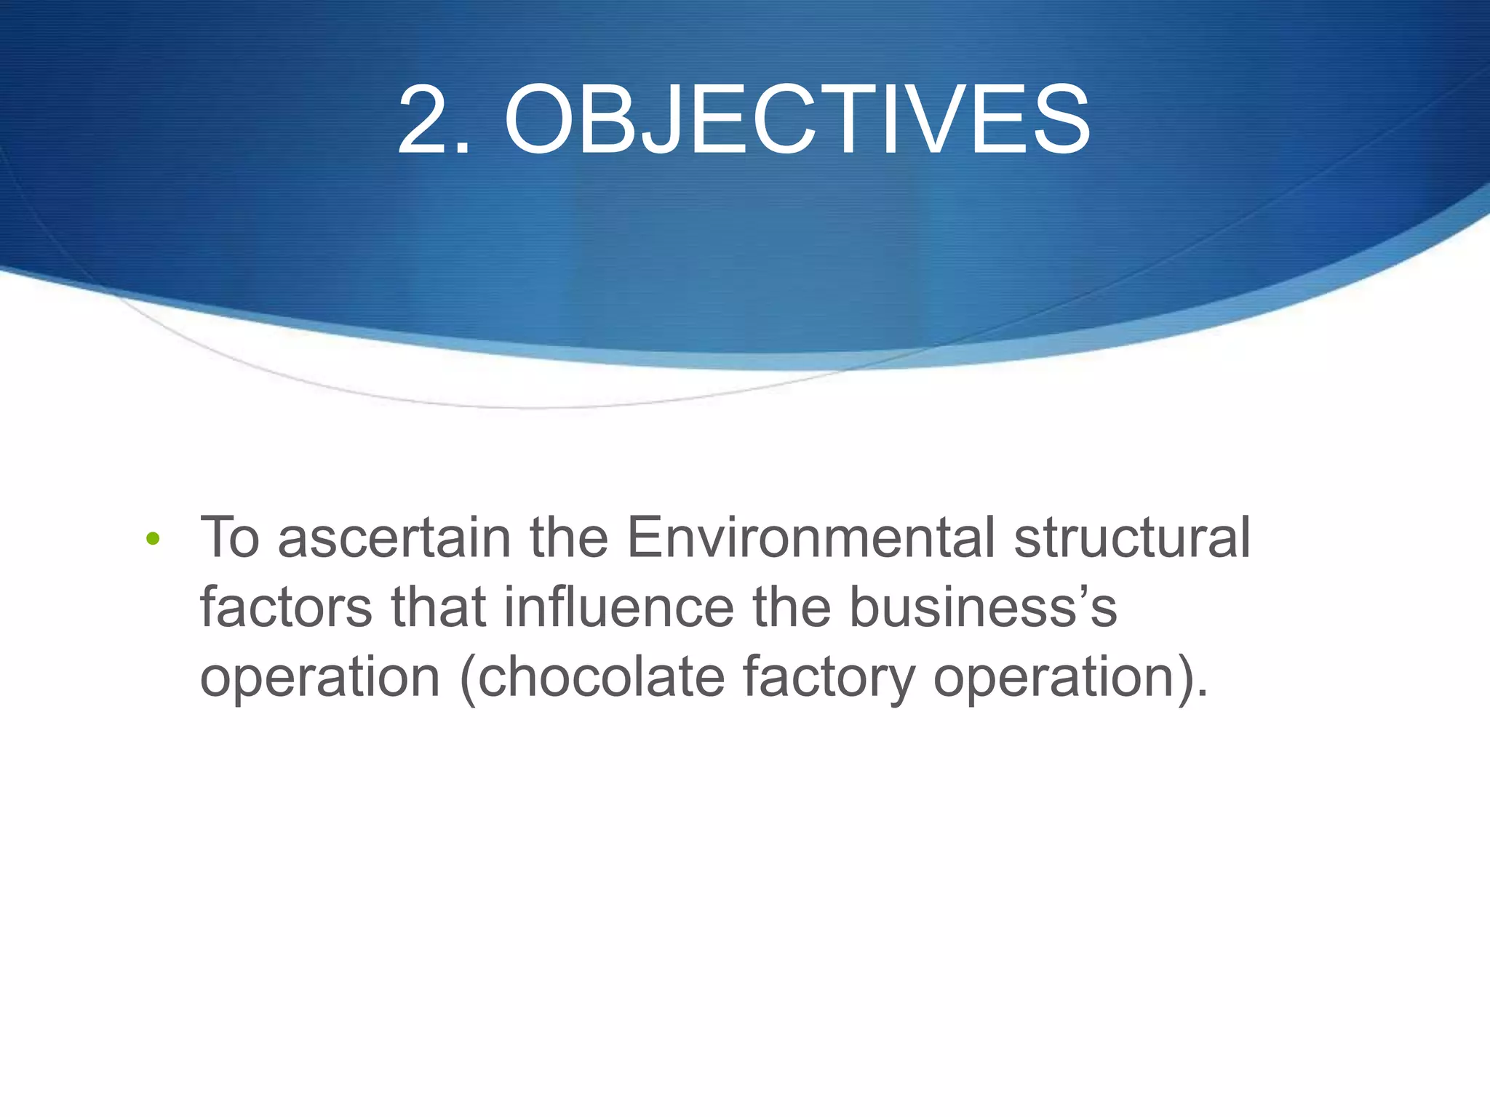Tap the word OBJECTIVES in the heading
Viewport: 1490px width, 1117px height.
pos(797,119)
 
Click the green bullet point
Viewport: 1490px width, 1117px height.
pos(152,539)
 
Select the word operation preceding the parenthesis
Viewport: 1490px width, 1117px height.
pos(320,678)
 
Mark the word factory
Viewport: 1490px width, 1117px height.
pos(829,678)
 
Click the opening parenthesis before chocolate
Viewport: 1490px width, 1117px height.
pos(468,678)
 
